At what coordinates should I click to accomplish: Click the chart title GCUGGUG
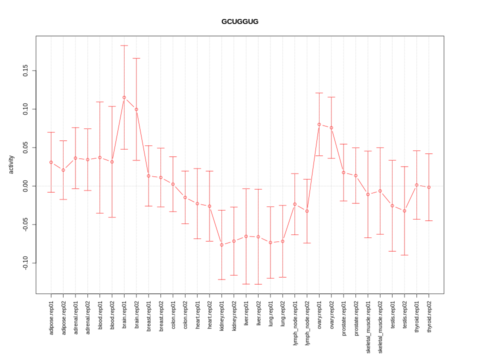point(240,21)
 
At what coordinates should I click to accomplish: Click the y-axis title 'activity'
point(11,164)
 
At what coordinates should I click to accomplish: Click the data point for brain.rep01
point(124,97)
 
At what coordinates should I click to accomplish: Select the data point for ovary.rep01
point(319,124)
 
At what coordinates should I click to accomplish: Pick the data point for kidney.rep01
point(221,244)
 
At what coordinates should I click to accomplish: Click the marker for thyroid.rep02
point(429,187)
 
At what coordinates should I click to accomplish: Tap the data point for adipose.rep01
point(51,162)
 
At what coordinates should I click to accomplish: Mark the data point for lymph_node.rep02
point(307,211)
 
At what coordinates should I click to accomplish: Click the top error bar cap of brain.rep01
point(124,45)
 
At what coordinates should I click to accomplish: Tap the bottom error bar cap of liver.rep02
point(258,284)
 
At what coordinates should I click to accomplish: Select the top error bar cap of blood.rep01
point(100,102)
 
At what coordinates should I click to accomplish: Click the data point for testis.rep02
point(404,211)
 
